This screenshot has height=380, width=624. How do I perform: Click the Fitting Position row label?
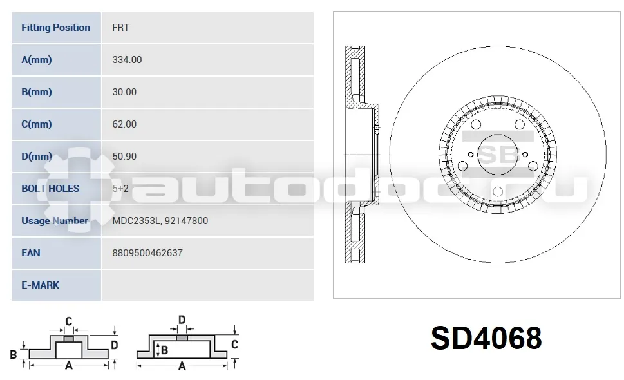[56, 28]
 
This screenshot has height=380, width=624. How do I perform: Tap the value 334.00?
[127, 60]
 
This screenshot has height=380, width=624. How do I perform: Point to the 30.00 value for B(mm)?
[124, 92]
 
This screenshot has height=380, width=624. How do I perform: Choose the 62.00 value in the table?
[124, 124]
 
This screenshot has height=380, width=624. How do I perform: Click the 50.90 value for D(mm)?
[124, 157]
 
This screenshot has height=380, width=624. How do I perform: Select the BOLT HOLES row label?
[50, 189]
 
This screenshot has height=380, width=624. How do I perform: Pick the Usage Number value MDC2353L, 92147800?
[160, 221]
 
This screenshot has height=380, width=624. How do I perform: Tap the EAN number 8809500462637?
[147, 253]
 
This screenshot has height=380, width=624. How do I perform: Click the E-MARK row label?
[40, 285]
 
